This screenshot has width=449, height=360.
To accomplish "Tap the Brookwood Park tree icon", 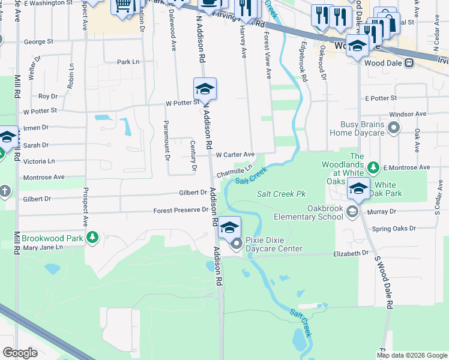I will (92, 238).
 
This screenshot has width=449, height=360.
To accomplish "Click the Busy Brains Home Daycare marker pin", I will (394, 127).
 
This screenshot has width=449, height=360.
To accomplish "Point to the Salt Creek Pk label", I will (282, 194).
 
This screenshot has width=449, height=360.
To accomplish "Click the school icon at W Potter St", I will (205, 89).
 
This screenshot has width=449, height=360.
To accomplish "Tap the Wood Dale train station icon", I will (409, 62).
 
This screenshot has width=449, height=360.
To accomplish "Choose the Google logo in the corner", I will (20, 353).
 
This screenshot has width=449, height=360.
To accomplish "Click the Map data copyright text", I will (411, 355).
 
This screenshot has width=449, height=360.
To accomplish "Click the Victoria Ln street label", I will (38, 161).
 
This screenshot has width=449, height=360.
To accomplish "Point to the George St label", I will (38, 43).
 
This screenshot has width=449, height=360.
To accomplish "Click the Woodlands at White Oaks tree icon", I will (373, 166).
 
